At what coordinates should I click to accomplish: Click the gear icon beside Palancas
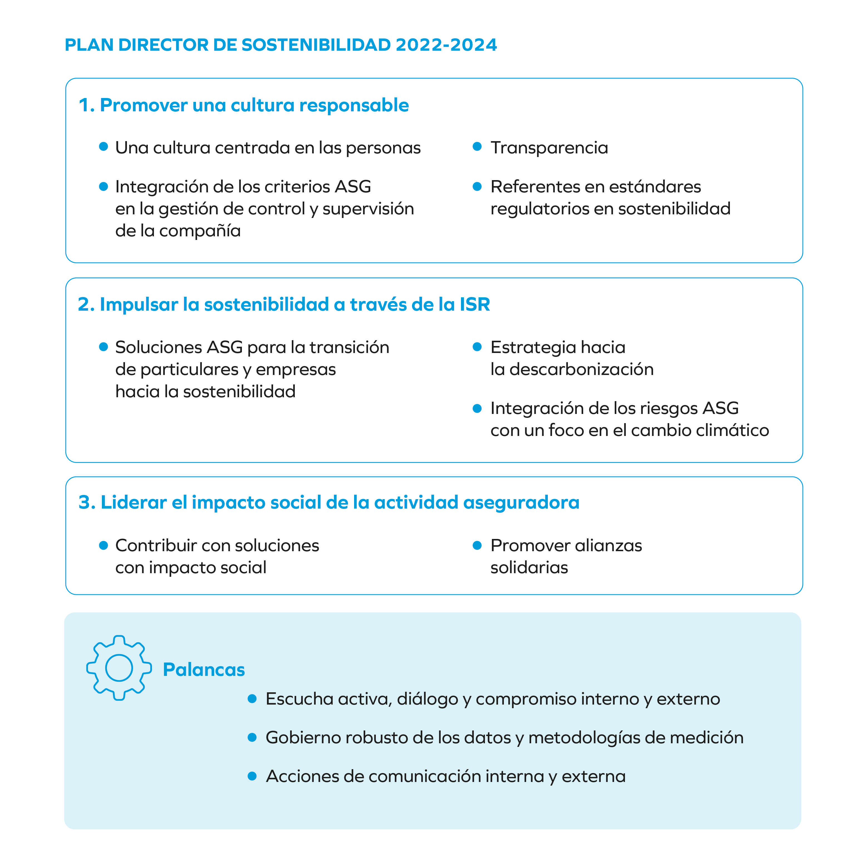[119, 668]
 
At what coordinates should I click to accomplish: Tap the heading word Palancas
[204, 669]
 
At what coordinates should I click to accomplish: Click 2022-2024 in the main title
[446, 45]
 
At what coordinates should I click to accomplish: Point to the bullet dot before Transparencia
[477, 147]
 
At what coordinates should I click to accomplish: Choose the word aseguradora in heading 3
[521, 502]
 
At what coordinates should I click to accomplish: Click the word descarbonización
[581, 369]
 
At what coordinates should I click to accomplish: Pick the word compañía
[200, 231]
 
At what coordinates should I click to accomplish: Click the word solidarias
[529, 568]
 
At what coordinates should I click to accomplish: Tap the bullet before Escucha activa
[252, 699]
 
